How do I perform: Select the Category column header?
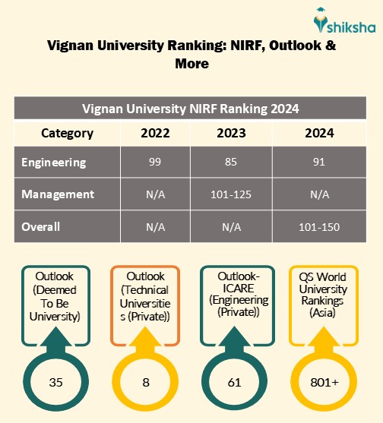[68, 133]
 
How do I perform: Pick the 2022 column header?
[156, 133]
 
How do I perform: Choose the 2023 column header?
[233, 133]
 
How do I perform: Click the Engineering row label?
[54, 163]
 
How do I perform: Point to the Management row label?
[58, 194]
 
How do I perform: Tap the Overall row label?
[41, 226]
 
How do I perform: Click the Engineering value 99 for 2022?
[156, 163]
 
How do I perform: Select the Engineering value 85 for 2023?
[233, 163]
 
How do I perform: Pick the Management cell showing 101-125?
[233, 194]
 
